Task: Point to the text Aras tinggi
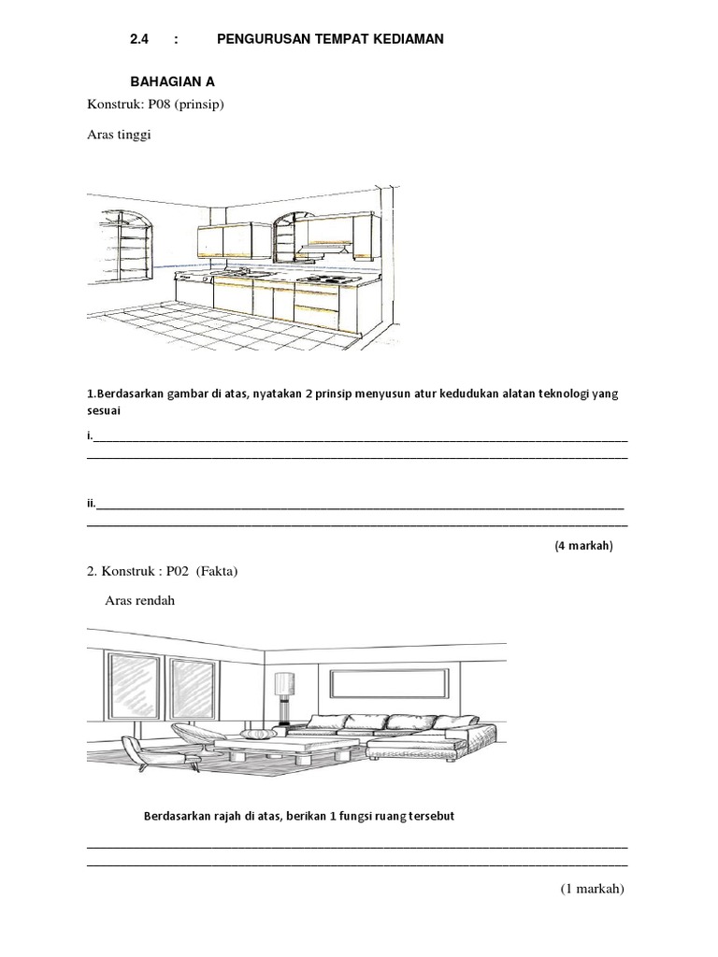[119, 135]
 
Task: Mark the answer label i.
[89, 436]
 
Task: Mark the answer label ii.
[91, 504]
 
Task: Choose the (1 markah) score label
[592, 889]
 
